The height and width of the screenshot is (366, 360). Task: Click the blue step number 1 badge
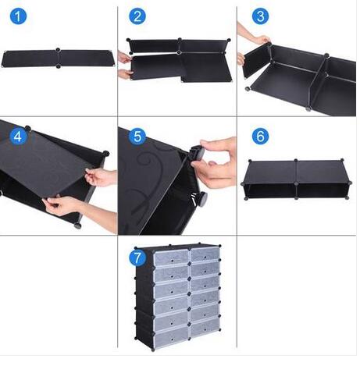18,16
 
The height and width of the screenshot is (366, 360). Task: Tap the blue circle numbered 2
137,16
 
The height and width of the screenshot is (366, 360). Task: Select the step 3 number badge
260,16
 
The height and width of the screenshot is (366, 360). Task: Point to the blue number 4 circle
18,136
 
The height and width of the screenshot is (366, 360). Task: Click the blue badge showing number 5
137,136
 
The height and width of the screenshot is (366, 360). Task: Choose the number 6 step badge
260,136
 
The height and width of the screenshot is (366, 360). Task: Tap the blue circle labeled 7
137,258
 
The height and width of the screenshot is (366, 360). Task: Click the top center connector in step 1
58,50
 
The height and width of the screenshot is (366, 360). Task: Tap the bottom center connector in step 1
59,66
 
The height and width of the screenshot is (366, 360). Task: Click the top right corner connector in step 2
229,41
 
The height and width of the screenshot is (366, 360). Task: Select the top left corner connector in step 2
128,40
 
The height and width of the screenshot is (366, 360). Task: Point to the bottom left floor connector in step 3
248,88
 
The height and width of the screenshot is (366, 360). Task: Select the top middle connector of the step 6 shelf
296,160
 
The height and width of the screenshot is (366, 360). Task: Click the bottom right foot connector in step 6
348,197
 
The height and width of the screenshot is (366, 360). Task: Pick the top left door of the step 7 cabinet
171,258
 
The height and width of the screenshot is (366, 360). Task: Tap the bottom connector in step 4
77,226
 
